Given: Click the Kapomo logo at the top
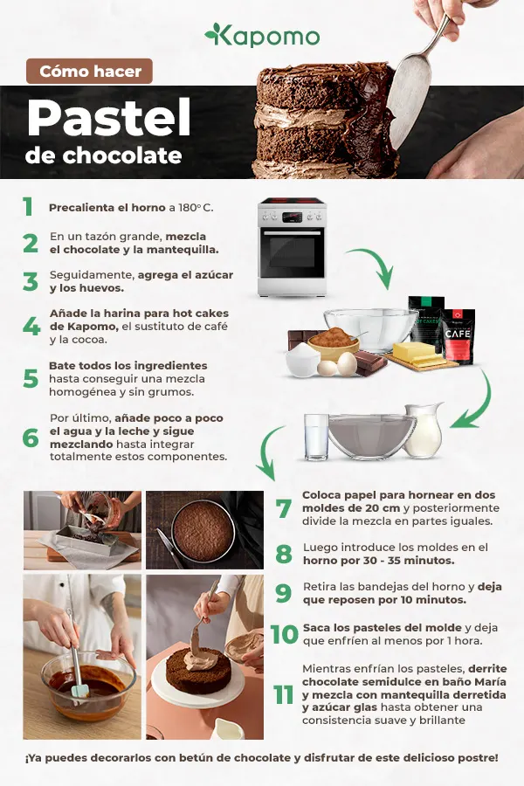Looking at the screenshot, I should [262, 35].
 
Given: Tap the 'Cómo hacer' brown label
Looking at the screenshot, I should [90, 72].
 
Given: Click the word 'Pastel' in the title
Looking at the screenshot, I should [108, 120].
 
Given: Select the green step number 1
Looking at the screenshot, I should [28, 207].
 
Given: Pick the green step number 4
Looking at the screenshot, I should [31, 327].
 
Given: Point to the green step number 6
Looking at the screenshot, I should [31, 438].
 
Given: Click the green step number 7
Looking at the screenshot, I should [283, 508].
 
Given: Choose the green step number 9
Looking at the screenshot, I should [283, 594].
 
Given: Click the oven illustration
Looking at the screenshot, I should [293, 248].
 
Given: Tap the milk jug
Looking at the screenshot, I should [424, 430].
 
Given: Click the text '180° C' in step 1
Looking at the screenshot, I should [196, 208].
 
